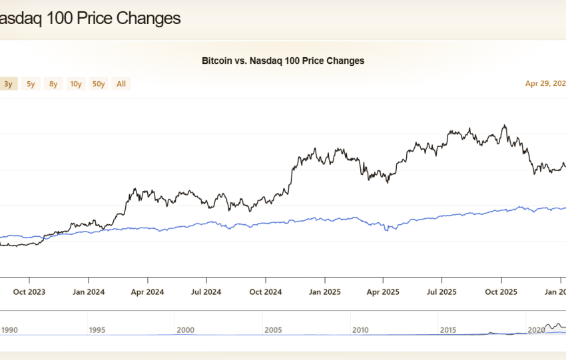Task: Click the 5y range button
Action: tap(31, 84)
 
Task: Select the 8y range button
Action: tap(53, 84)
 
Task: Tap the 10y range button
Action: tap(76, 84)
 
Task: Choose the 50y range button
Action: tap(99, 84)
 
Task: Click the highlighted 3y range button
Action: tap(8, 84)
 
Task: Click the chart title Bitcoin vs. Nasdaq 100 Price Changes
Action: tap(283, 61)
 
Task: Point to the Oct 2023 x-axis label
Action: tap(30, 291)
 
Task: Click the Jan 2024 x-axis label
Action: tap(89, 291)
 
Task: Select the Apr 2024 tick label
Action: tap(147, 291)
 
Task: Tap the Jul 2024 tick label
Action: tap(206, 291)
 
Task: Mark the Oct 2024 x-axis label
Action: tap(265, 291)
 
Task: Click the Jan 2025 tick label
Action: tap(324, 291)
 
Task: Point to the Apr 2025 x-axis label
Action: tap(382, 291)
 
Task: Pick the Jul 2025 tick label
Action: tap(441, 291)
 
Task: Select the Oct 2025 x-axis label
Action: tap(500, 291)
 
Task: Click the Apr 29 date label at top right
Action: tap(545, 84)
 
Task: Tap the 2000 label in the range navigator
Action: tap(186, 329)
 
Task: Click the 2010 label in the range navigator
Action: tap(361, 329)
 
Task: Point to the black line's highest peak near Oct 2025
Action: tap(505, 125)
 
